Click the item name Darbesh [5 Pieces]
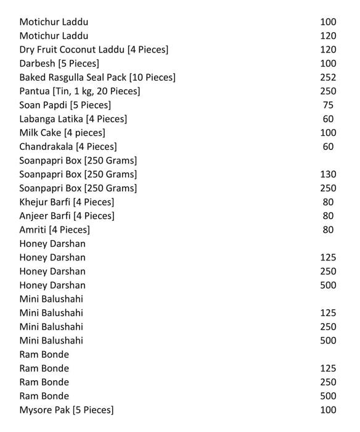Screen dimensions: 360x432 tap(59, 64)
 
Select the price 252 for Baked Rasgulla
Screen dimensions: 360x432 tap(328, 77)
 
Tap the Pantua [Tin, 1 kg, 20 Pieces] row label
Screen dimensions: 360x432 tap(80, 91)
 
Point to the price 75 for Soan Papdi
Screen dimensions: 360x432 tap(328, 105)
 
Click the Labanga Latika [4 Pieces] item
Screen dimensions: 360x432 tap(73, 119)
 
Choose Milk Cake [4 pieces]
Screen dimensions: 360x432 tap(62, 133)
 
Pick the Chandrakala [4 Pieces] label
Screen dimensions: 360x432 tap(68, 147)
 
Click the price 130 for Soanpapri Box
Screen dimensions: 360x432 tap(328, 175)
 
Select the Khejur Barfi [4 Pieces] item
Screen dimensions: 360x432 tap(67, 202)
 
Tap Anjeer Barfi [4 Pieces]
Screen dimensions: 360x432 tap(67, 216)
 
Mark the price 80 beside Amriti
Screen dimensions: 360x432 tap(328, 230)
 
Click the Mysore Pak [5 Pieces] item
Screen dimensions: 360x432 tap(67, 410)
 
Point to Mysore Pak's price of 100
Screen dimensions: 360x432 tap(328, 410)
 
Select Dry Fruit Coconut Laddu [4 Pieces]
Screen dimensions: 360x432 tap(94, 49)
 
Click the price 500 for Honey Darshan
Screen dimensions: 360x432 tap(328, 285)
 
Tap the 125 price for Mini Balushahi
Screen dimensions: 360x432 tap(328, 313)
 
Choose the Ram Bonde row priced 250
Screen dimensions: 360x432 tap(44, 382)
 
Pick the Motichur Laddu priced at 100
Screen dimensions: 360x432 tap(54, 22)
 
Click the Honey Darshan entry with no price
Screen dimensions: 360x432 tap(52, 244)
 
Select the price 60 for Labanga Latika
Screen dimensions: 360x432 tap(328, 119)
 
